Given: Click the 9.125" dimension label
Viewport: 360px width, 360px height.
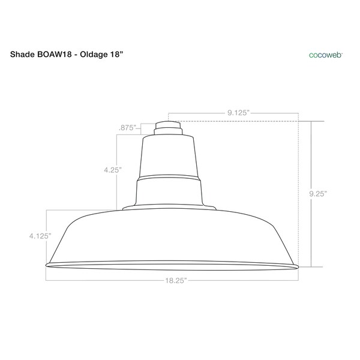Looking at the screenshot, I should (x=238, y=112).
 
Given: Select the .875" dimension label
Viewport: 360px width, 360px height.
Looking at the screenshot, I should (x=127, y=127).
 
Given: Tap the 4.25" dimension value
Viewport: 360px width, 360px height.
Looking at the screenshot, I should (x=112, y=170).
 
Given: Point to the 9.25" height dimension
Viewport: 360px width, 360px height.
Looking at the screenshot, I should (x=317, y=193).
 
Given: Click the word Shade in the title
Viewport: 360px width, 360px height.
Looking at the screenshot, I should (x=23, y=53).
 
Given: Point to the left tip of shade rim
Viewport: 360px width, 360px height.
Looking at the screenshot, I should (x=47, y=265).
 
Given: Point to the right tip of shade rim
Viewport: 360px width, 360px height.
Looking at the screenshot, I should (x=297, y=265).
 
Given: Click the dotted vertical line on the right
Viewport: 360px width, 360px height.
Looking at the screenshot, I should (x=298, y=192).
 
